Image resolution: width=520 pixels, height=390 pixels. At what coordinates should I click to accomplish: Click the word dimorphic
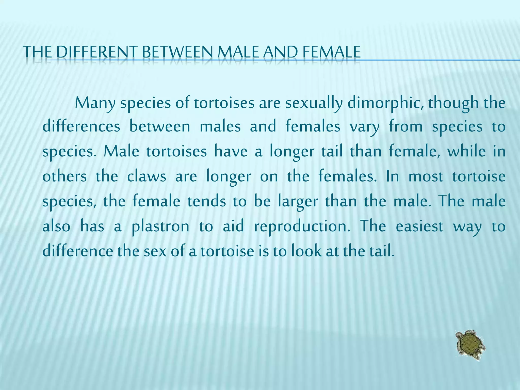click(385, 104)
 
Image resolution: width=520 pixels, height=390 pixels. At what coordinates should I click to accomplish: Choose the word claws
click(147, 176)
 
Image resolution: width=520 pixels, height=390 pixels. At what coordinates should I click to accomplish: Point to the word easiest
click(419, 226)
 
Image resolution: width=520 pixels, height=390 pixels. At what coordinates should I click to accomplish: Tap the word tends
click(206, 201)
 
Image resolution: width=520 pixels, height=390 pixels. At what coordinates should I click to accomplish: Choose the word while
click(466, 151)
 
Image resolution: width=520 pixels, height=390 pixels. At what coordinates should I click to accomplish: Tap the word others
click(64, 176)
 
